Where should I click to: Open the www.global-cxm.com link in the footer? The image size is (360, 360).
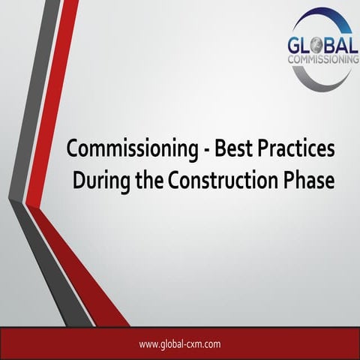pos(179,344)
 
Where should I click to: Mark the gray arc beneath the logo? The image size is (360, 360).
pos(315,77)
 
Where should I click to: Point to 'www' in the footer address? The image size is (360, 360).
pos(148,344)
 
